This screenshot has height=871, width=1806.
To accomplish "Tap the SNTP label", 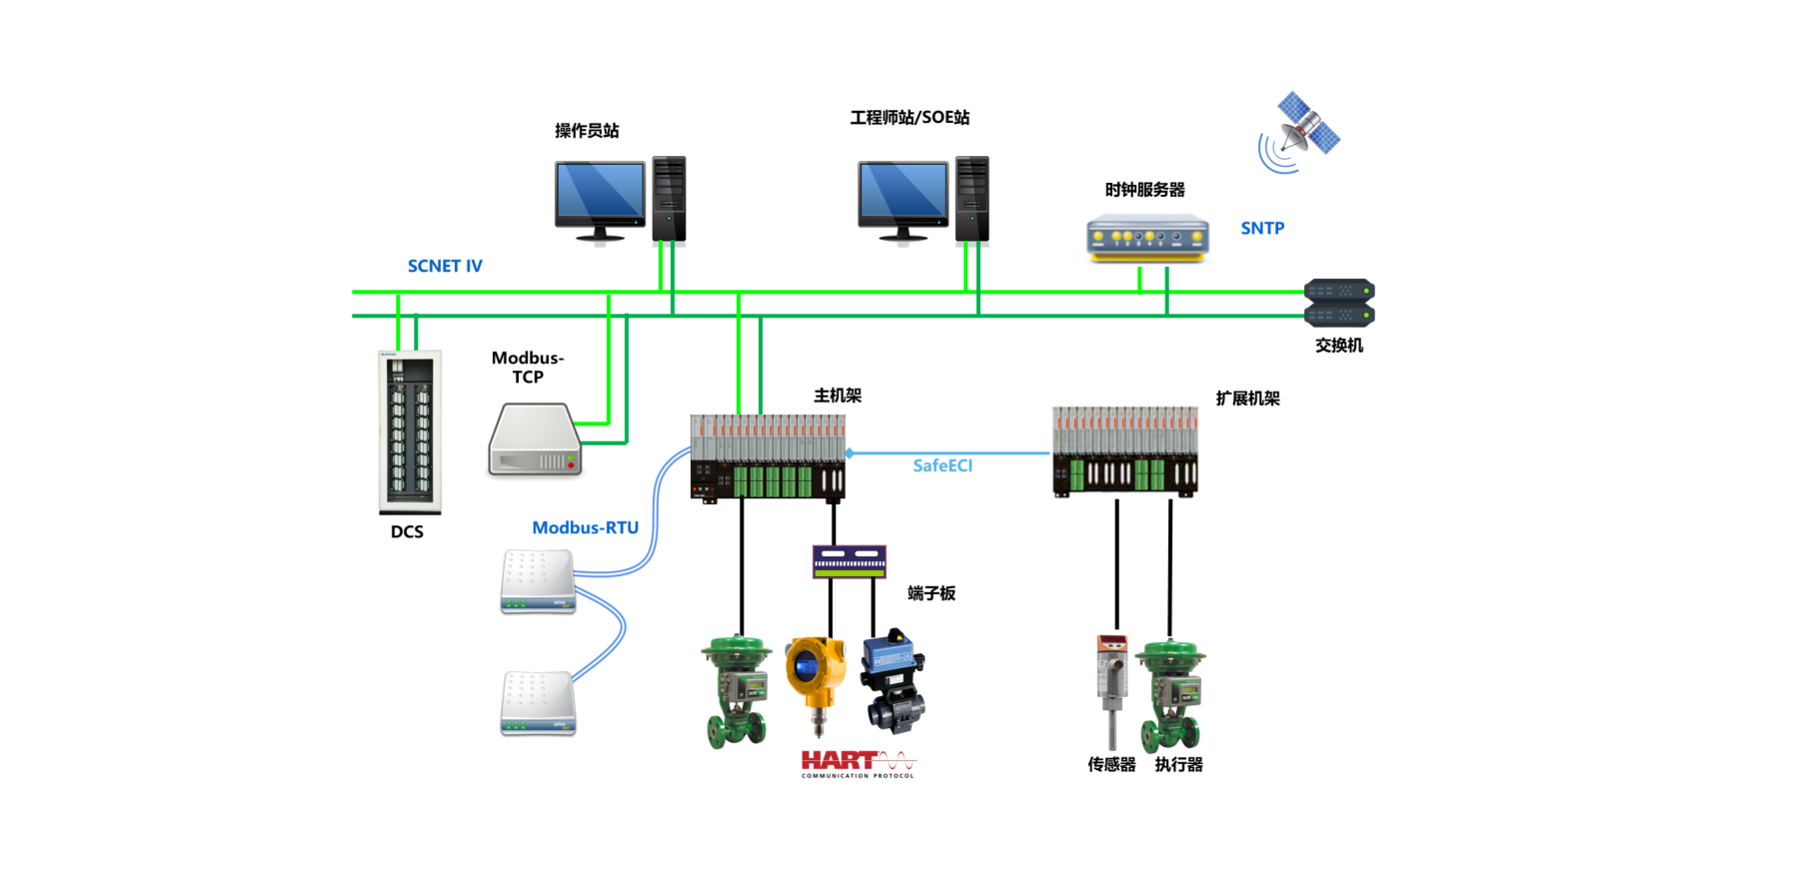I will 1262,228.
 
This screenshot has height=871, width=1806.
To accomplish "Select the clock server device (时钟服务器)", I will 1147,238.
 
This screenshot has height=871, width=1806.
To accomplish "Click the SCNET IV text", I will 445,266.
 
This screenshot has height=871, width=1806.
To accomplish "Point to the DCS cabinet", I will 410,432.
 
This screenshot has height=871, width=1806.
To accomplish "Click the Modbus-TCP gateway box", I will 535,440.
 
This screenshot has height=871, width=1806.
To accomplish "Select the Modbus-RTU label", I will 585,527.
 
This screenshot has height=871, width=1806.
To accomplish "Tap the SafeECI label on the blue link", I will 941,465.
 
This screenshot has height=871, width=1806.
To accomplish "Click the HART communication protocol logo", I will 858,764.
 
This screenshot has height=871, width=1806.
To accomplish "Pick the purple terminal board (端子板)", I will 849,561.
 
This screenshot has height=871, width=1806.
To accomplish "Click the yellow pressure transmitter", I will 816,679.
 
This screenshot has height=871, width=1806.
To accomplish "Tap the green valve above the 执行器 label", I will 1173,695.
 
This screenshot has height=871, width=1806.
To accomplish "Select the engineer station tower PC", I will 971,198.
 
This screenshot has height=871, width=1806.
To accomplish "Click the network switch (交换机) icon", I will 1339,303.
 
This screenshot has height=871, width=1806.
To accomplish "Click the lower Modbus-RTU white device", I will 538,703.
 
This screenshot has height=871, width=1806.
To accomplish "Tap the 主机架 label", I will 837,396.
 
